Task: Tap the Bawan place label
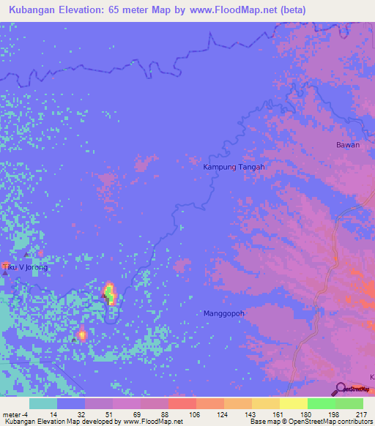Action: [x=347, y=145]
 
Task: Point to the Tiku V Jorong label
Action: [x=25, y=267]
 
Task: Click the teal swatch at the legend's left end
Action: [x=43, y=403]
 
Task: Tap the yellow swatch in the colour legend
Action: [x=293, y=403]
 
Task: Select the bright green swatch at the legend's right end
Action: [x=349, y=403]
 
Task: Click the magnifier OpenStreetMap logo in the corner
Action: [x=341, y=389]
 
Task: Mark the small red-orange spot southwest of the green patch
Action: [x=81, y=335]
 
